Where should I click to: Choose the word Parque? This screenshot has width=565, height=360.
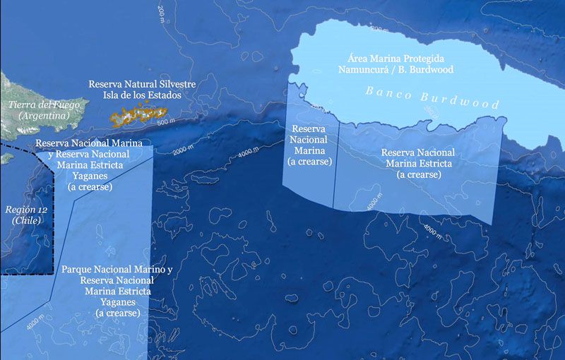pyautogui.click(x=79, y=270)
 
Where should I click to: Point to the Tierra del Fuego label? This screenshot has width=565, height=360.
pyautogui.click(x=44, y=105)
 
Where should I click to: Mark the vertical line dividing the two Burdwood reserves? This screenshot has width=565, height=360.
pyautogui.click(x=333, y=162)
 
